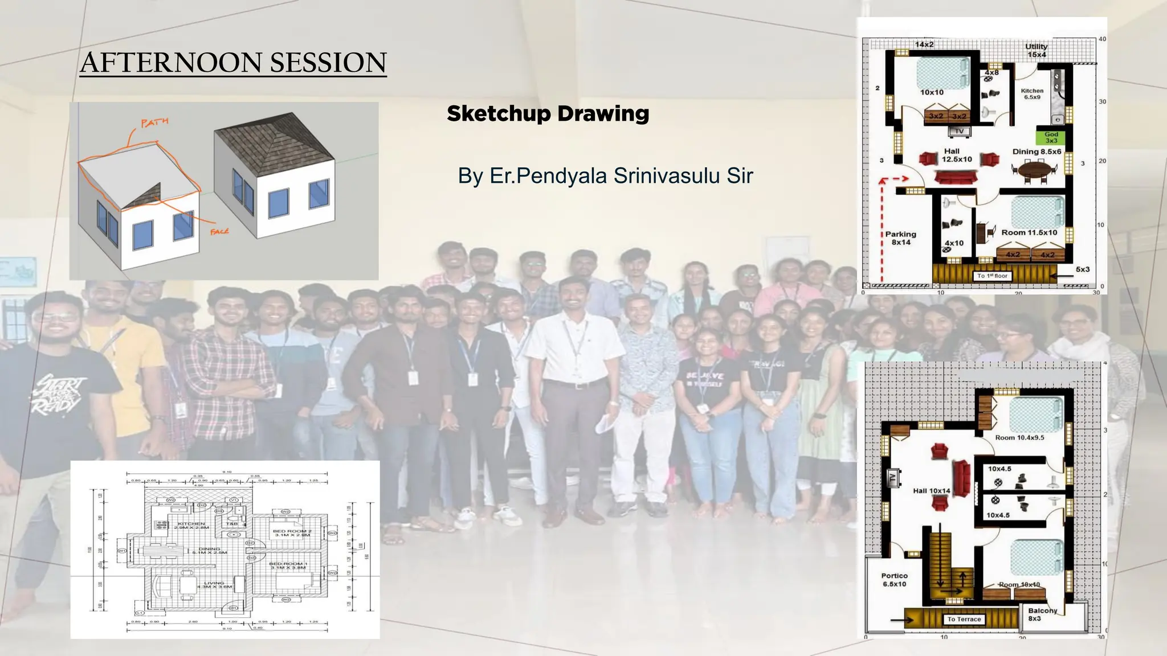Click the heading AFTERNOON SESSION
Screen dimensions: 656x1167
click(x=233, y=63)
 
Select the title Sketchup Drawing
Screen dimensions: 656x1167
click(x=548, y=113)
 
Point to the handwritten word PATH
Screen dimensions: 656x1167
click(x=154, y=122)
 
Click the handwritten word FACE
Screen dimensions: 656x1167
click(x=219, y=231)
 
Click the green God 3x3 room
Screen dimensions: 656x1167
click(x=1051, y=137)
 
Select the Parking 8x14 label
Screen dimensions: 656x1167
click(x=900, y=238)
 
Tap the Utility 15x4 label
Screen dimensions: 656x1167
click(x=1037, y=51)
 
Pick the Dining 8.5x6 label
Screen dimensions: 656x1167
click(x=1037, y=151)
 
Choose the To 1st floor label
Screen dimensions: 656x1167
click(x=992, y=276)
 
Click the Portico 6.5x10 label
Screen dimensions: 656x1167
click(x=894, y=580)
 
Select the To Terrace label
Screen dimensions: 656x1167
click(x=964, y=619)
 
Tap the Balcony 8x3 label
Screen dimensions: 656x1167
click(x=1042, y=614)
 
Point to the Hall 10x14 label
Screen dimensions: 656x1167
click(x=932, y=490)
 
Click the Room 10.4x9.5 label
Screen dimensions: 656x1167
click(x=1019, y=437)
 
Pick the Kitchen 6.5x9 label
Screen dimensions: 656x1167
click(x=1032, y=94)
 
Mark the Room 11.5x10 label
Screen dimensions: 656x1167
click(x=1029, y=232)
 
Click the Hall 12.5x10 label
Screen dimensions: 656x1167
click(x=956, y=155)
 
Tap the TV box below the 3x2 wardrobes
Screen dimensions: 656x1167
click(x=959, y=132)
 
